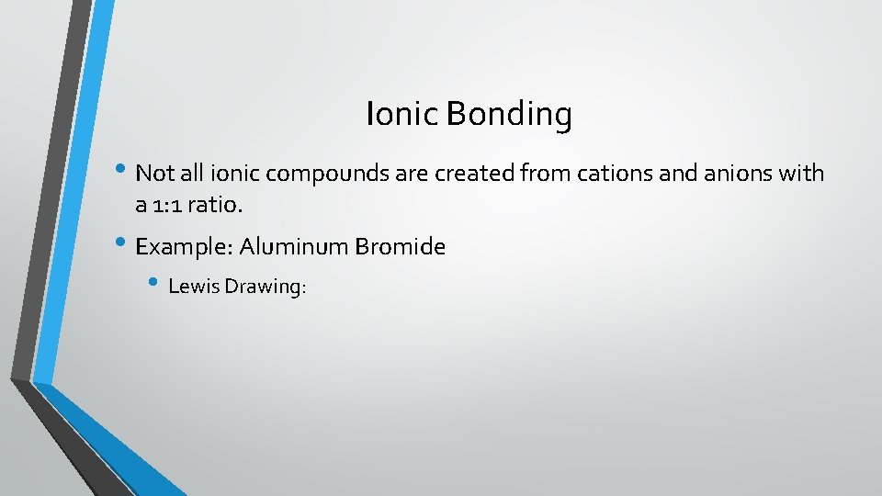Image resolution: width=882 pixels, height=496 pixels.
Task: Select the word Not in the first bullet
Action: tap(153, 173)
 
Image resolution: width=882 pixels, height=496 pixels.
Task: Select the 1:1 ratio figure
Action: tap(171, 207)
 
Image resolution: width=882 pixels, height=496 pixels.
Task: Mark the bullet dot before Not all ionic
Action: tap(124, 172)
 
